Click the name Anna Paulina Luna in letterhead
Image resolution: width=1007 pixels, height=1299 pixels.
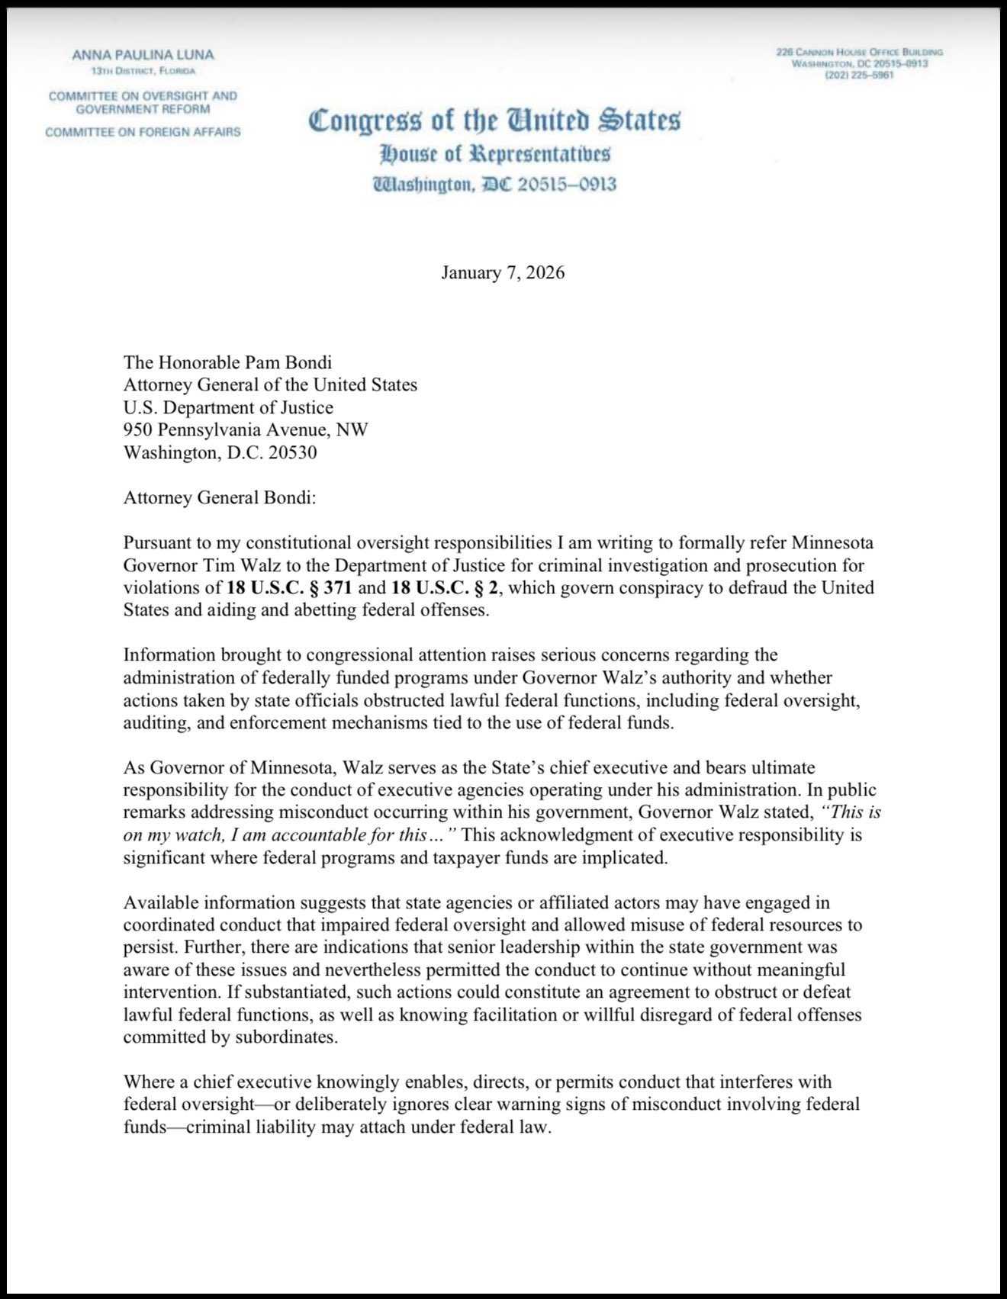coord(143,55)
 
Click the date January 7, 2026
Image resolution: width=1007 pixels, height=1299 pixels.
coord(503,273)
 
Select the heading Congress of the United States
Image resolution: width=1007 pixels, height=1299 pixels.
coord(494,121)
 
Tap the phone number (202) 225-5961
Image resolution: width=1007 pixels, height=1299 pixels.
coord(859,76)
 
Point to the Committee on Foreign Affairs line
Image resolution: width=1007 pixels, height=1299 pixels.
coord(143,132)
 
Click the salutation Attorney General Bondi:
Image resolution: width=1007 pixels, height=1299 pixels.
coord(220,498)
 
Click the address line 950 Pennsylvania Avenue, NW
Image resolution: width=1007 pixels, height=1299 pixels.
coord(246,430)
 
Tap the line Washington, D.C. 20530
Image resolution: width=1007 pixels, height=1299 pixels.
coord(220,453)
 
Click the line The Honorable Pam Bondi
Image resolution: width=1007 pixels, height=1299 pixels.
coord(227,362)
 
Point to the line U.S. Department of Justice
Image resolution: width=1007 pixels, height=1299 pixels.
coord(228,407)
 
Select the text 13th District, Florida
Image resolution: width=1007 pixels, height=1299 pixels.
coord(143,72)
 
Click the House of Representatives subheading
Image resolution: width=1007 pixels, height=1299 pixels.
coord(495,155)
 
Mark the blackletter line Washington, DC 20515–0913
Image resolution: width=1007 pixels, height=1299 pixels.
coord(494,185)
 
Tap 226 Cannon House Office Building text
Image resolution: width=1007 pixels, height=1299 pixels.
coord(859,52)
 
